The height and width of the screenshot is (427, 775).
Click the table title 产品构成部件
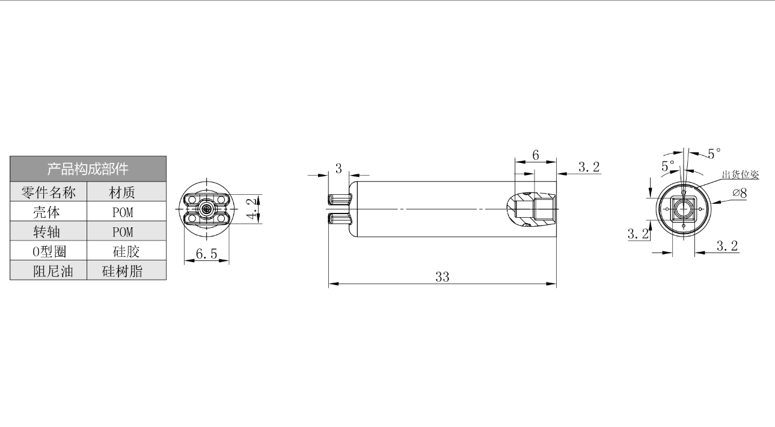point(88,169)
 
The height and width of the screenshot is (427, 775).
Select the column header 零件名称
point(49,192)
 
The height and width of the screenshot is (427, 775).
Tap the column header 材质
point(122,192)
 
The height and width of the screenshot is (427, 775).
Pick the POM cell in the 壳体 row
point(123,212)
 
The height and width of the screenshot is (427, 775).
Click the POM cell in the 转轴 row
point(123,232)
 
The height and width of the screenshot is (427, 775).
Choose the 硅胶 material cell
point(126,251)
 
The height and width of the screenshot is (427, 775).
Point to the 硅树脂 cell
point(122,271)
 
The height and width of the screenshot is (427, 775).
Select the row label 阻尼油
point(53,271)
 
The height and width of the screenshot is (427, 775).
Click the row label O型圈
point(49,251)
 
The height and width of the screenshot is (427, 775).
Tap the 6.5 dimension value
point(207,254)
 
